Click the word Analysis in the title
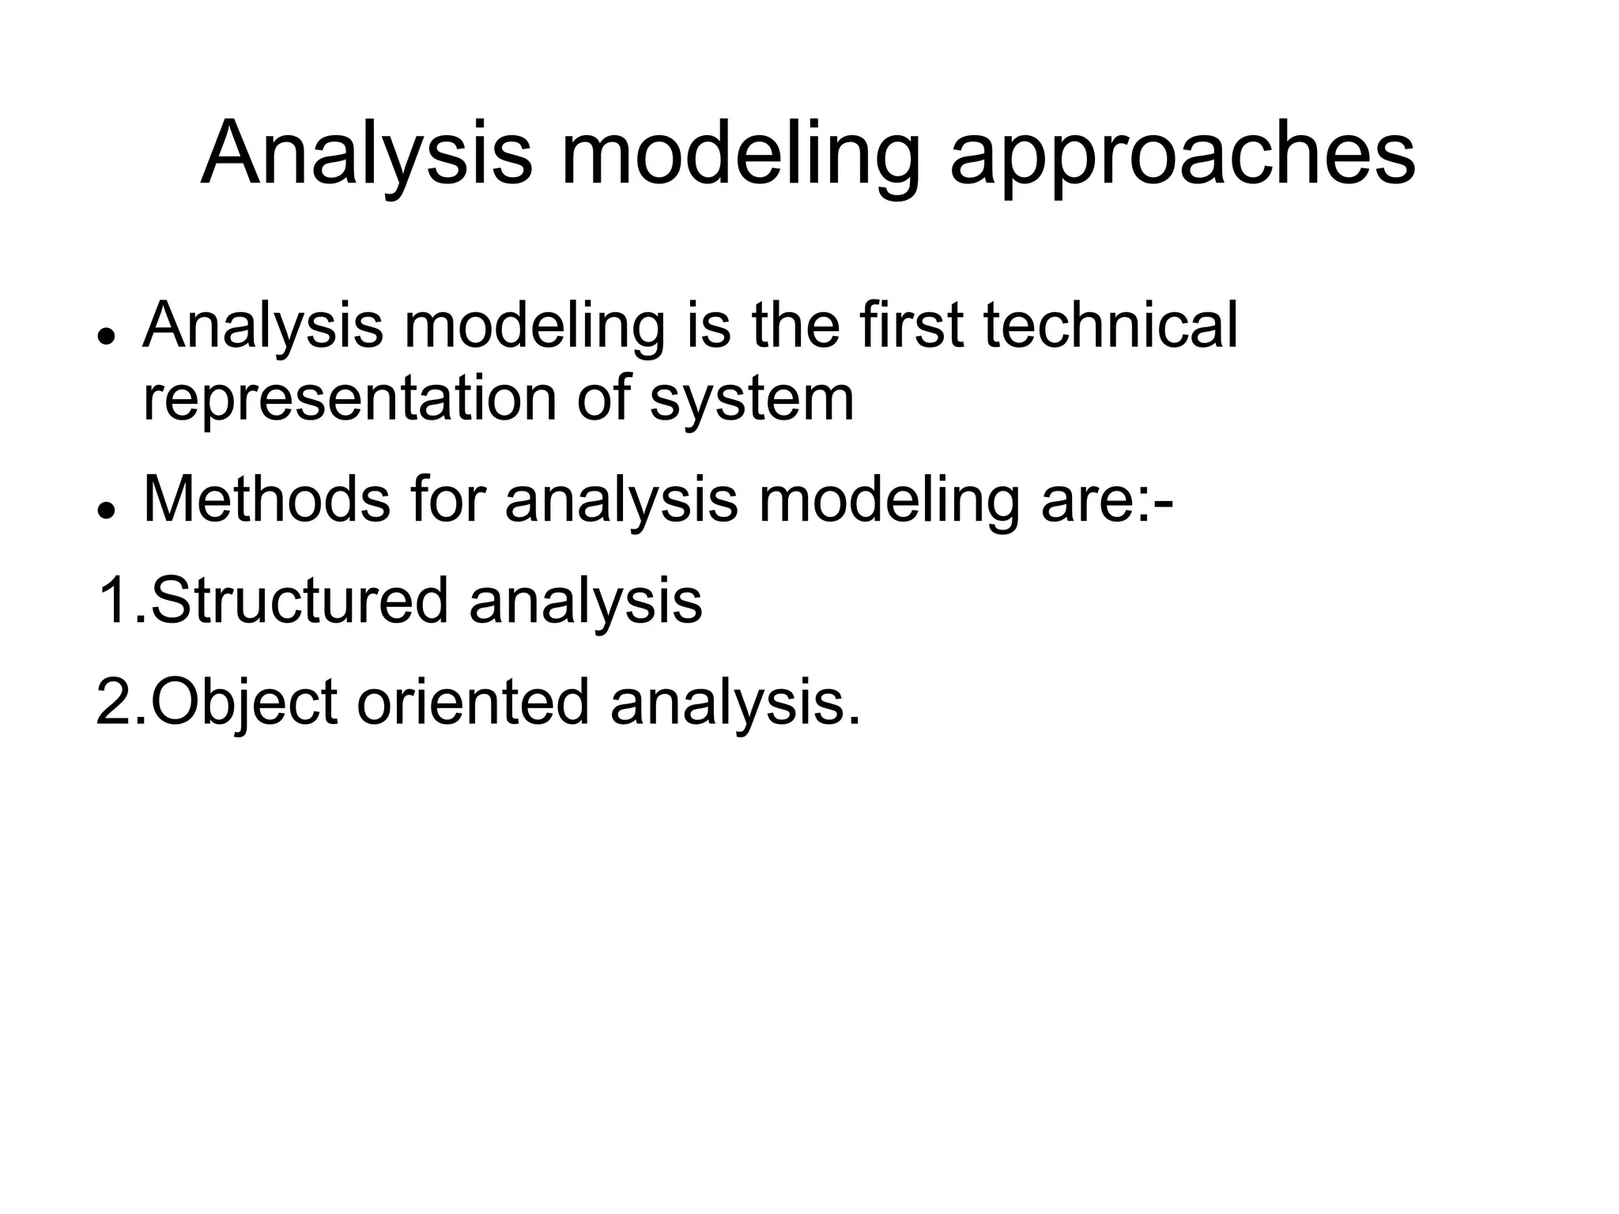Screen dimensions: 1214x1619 tap(367, 154)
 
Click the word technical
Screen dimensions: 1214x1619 tap(1111, 326)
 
